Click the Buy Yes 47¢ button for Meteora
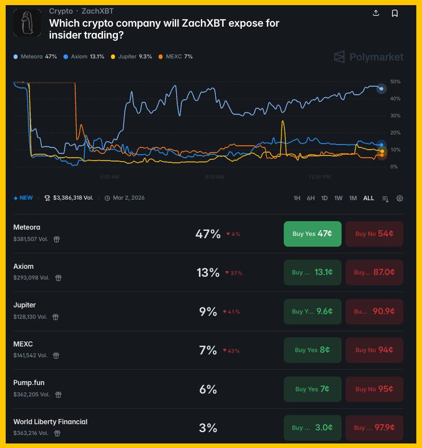point(312,234)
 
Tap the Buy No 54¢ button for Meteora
point(374,234)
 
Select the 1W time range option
point(338,198)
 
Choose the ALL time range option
point(369,198)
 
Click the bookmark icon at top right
point(395,13)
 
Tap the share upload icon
point(376,13)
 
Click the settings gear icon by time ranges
point(400,198)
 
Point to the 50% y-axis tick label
point(395,82)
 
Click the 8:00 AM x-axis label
point(214,177)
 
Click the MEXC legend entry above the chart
point(176,57)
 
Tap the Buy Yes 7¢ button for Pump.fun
point(312,389)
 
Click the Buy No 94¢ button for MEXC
point(374,350)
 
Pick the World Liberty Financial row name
point(50,421)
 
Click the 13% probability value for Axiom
point(208,273)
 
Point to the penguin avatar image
point(27,23)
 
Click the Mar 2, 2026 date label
point(129,198)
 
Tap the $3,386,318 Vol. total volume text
point(73,198)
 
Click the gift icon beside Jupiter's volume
point(56,317)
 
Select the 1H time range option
point(297,198)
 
